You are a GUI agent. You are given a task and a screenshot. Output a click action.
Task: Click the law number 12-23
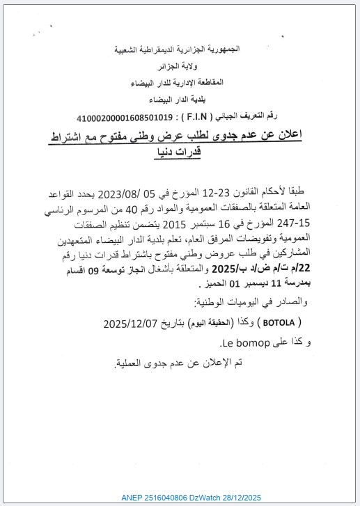[238, 192]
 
